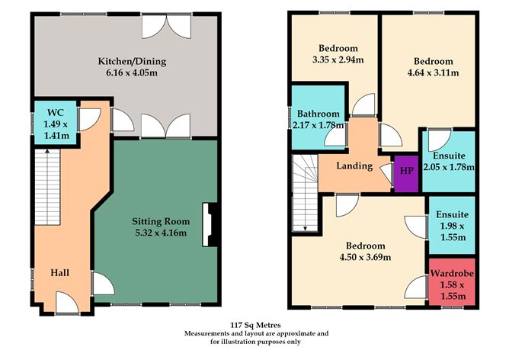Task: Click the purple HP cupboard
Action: click(x=406, y=170)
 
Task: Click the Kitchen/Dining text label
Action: click(x=131, y=62)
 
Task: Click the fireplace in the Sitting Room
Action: click(x=208, y=226)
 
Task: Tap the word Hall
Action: click(x=62, y=272)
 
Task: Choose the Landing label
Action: click(x=354, y=166)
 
